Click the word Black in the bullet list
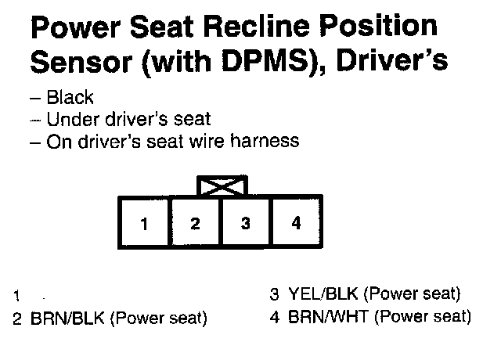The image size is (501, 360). point(70,99)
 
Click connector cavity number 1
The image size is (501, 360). point(144,224)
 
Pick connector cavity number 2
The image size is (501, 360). point(195,224)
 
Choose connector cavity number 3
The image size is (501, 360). point(245,224)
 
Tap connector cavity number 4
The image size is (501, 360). point(295,224)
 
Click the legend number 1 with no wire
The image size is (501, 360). point(16,297)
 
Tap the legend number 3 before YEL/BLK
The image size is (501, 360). point(274,296)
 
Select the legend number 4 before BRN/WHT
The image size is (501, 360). point(274,318)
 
